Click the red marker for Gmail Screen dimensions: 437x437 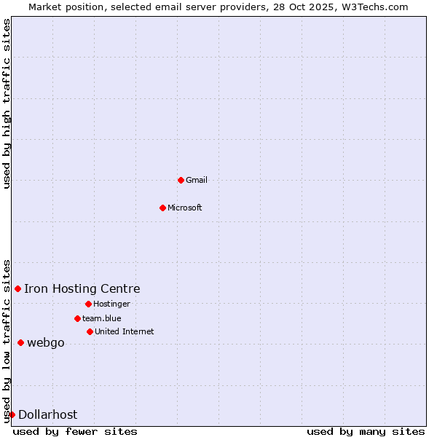click(x=181, y=180)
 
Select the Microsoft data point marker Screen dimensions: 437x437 click(x=162, y=208)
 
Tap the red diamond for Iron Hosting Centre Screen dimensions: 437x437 click(x=17, y=289)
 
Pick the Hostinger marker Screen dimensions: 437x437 click(x=88, y=304)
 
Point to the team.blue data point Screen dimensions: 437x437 click(x=77, y=318)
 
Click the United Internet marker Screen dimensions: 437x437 click(x=90, y=331)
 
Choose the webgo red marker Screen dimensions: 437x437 click(x=20, y=342)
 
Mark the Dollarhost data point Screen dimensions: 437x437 click(x=12, y=414)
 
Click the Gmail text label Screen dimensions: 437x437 click(x=197, y=180)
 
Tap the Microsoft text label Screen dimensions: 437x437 click(x=185, y=208)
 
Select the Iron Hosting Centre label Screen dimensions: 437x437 click(x=82, y=289)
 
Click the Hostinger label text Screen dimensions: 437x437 click(x=111, y=304)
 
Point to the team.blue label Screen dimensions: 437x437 click(x=102, y=318)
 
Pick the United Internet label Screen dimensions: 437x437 click(x=125, y=331)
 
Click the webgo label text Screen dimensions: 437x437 click(x=46, y=342)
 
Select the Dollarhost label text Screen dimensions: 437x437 click(x=48, y=414)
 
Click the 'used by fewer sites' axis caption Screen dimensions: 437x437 click(x=75, y=431)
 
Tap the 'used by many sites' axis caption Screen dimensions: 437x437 click(x=366, y=431)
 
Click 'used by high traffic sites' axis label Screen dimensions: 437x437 click(x=7, y=103)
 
